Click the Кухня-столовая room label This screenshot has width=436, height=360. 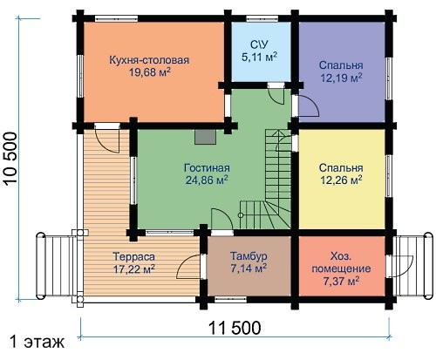pos(149,60)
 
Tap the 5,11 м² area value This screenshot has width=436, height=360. pos(259,57)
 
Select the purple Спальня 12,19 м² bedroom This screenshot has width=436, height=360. pos(342,71)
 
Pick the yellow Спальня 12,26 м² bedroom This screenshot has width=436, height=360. pos(342,179)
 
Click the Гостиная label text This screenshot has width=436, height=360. pos(207,168)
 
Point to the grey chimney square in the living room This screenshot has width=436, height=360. pos(206,137)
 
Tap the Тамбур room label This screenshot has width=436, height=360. pos(249,256)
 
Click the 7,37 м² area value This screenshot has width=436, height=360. pos(341,281)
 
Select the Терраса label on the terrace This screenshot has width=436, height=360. pos(133,257)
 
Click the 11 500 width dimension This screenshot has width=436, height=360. pos(235,328)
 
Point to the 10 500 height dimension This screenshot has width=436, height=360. pos(11,159)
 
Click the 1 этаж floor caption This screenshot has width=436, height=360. pos(37,342)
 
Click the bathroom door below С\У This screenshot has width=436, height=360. pos(276,94)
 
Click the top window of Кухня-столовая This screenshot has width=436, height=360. pos(117,18)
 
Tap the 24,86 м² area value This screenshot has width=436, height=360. pos(207,180)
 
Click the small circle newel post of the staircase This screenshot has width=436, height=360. pos(241,215)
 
